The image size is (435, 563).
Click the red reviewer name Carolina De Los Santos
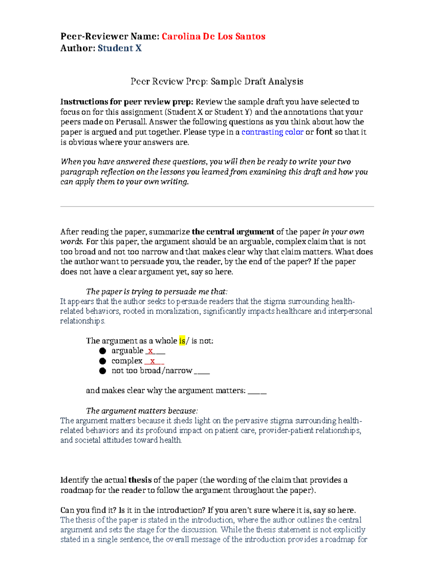click(214, 36)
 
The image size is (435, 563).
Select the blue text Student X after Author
click(120, 48)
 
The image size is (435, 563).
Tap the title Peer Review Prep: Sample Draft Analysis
click(217, 82)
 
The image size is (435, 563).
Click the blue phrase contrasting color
click(272, 132)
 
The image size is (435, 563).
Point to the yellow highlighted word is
click(182, 341)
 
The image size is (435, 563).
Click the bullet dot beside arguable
click(103, 351)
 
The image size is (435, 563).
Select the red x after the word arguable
click(150, 351)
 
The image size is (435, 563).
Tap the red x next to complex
click(153, 361)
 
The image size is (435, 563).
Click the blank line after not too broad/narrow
click(202, 371)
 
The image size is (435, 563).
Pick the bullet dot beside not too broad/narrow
click(103, 371)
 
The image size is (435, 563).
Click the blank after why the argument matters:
click(257, 391)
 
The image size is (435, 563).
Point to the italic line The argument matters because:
click(142, 411)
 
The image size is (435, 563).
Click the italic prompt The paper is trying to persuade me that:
click(157, 291)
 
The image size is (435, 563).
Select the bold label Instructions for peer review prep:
click(127, 102)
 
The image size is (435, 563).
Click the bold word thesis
click(140, 480)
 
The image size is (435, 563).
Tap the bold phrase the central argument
click(233, 232)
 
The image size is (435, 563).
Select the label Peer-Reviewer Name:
click(110, 36)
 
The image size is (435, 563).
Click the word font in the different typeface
click(324, 132)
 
